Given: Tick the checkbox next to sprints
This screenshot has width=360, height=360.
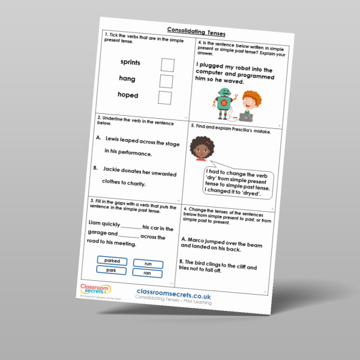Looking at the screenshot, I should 167,65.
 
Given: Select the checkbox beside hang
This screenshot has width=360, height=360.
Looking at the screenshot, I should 166,81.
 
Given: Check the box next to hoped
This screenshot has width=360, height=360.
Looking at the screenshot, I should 165,97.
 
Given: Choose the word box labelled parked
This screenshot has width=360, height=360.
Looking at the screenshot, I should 112,260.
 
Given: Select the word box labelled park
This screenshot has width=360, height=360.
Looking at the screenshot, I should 110,271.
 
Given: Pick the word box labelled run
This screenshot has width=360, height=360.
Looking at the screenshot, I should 148,264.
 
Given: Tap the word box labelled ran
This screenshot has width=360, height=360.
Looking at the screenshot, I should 147,274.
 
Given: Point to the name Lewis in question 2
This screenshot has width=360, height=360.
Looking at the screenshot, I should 113,139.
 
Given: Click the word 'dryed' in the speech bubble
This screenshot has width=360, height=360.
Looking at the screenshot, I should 254,191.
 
